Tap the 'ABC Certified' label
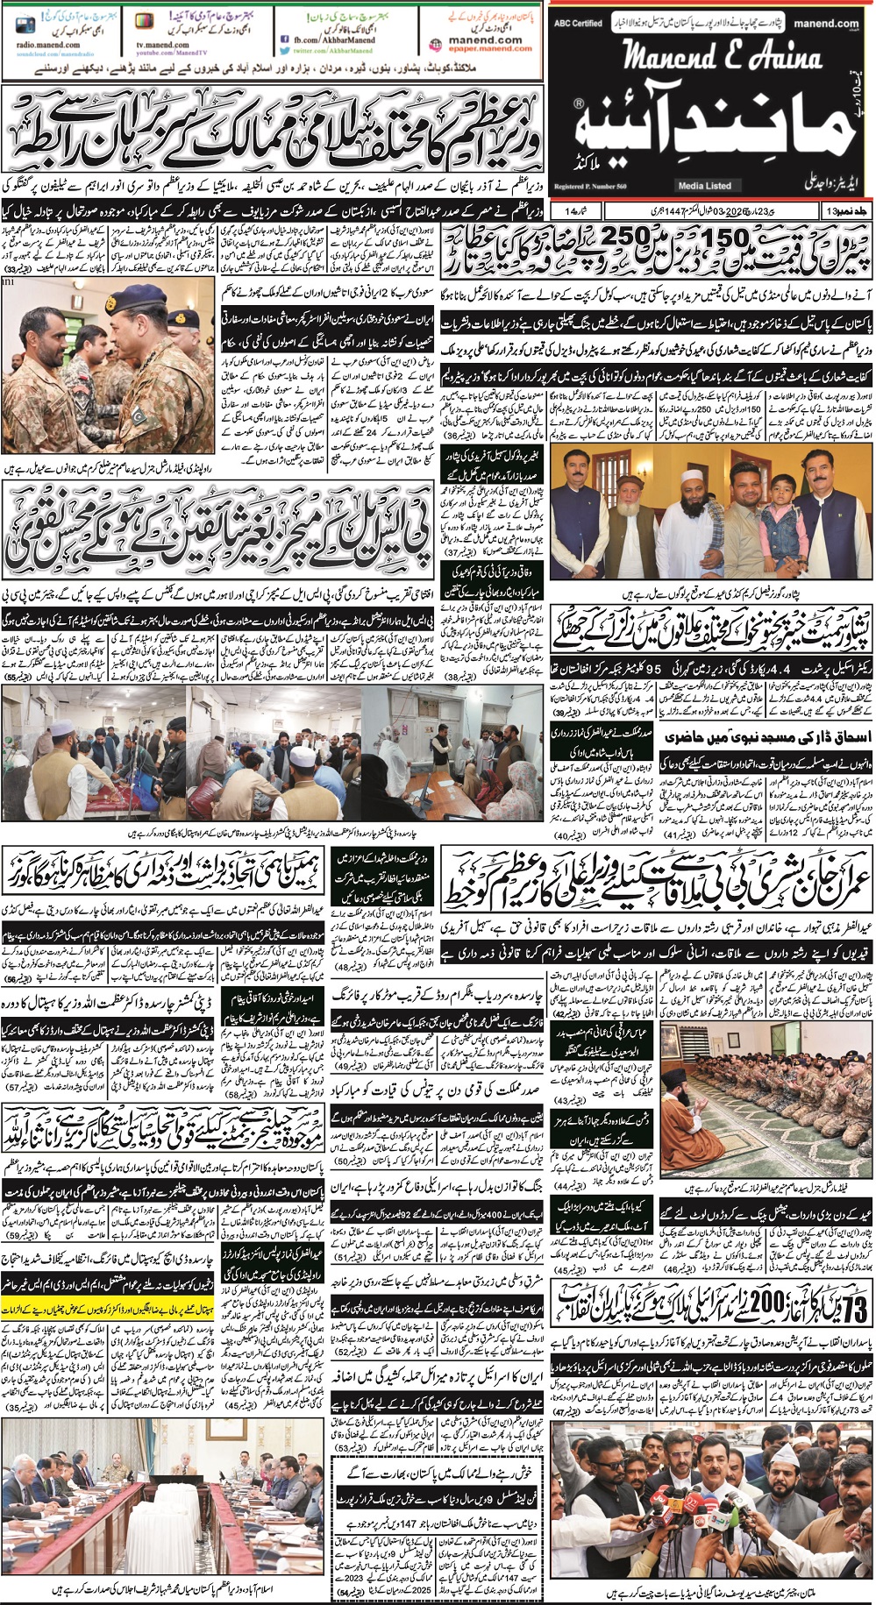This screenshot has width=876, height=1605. click(578, 24)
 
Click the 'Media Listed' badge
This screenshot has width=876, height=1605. click(704, 186)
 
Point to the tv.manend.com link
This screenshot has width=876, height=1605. click(162, 45)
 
